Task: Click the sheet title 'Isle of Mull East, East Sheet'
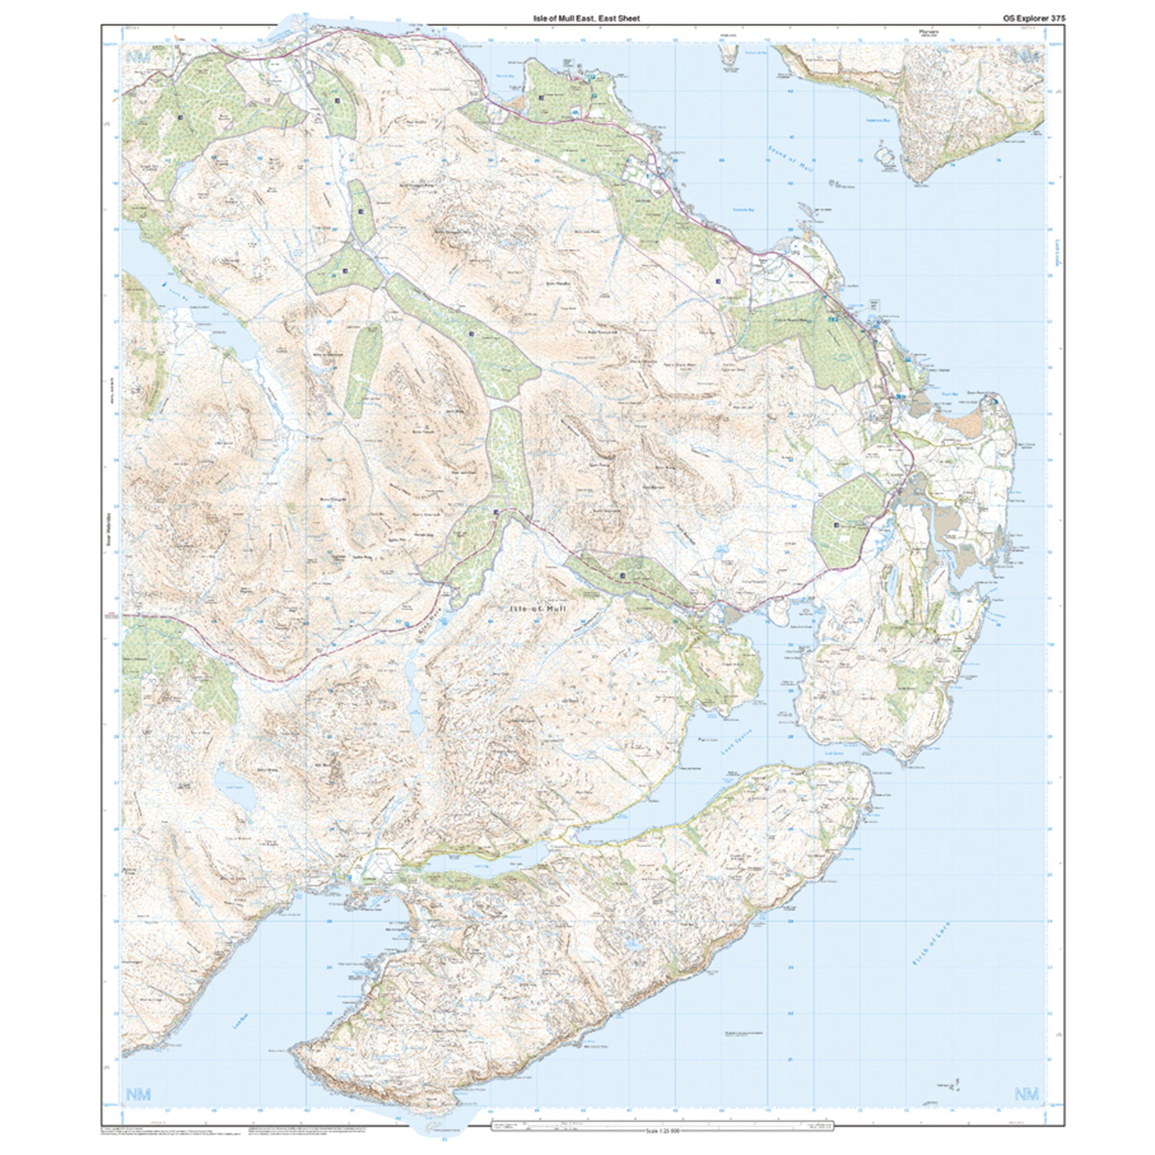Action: tap(586, 18)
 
